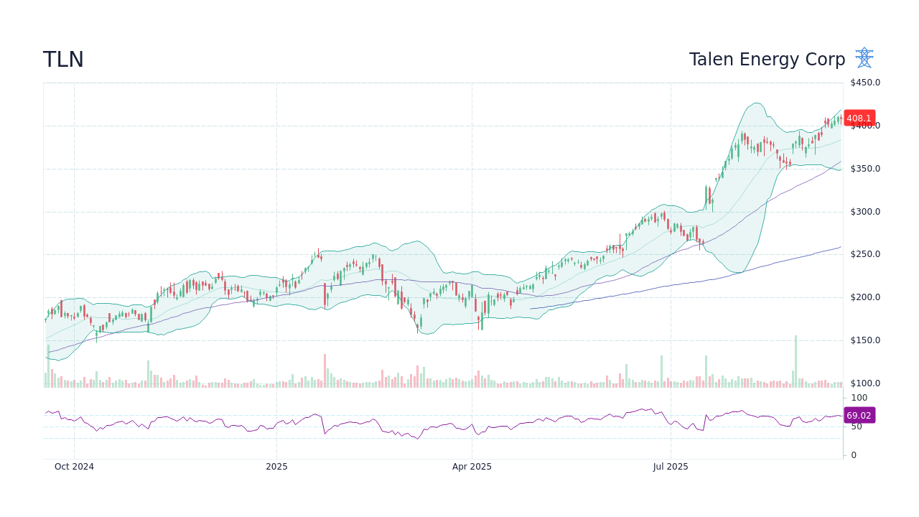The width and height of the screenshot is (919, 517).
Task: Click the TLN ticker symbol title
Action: point(63,60)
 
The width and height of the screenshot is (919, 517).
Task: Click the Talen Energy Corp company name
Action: point(767,60)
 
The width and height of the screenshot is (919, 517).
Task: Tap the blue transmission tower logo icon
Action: point(864,58)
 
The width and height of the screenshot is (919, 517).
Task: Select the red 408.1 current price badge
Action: point(859,118)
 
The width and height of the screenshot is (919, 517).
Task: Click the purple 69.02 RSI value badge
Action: point(859,416)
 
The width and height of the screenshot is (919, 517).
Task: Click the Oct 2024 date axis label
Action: point(74,467)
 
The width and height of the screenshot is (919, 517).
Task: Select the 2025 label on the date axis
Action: point(276,467)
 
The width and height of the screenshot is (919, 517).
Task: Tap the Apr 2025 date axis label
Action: point(472,467)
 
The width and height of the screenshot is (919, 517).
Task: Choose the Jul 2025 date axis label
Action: point(671,467)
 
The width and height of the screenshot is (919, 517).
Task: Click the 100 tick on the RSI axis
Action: point(859,398)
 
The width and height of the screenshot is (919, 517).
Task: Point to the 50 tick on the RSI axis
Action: point(857,427)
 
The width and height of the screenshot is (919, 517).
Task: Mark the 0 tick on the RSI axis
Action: point(854,455)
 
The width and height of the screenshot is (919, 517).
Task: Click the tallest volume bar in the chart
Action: point(796,361)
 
